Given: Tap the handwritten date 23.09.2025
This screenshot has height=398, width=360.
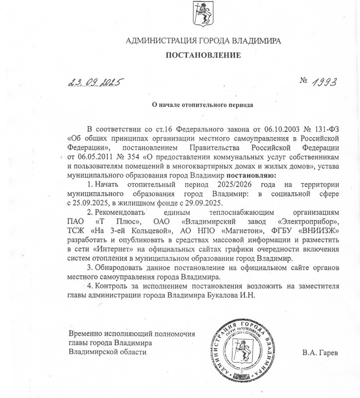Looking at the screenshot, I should pyautogui.click(x=94, y=83).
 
